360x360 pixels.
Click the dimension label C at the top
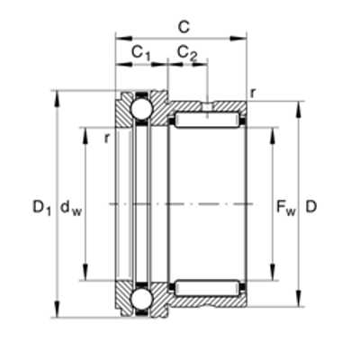pyautogui.click(x=184, y=27)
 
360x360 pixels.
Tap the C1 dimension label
pyautogui.click(x=140, y=53)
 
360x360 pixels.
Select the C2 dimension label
pyautogui.click(x=187, y=53)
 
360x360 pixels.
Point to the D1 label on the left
pyautogui.click(x=41, y=208)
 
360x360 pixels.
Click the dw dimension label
pyautogui.click(x=71, y=208)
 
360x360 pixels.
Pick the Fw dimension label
pyautogui.click(x=286, y=208)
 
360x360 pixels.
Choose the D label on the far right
pyautogui.click(x=311, y=206)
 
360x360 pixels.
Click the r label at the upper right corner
pyautogui.click(x=253, y=94)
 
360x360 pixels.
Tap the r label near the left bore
pyautogui.click(x=106, y=139)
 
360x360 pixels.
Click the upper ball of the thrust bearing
pyautogui.click(x=141, y=108)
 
